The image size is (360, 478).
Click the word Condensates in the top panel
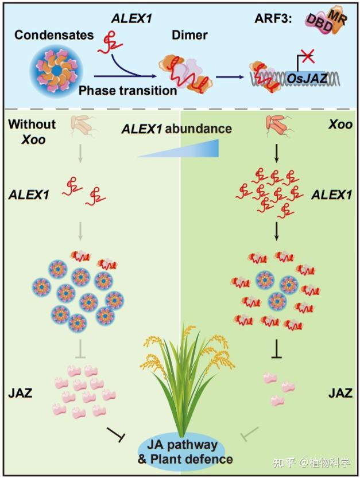point(54,35)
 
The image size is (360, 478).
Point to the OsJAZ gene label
point(305,81)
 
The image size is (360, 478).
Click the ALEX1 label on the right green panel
point(330,195)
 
